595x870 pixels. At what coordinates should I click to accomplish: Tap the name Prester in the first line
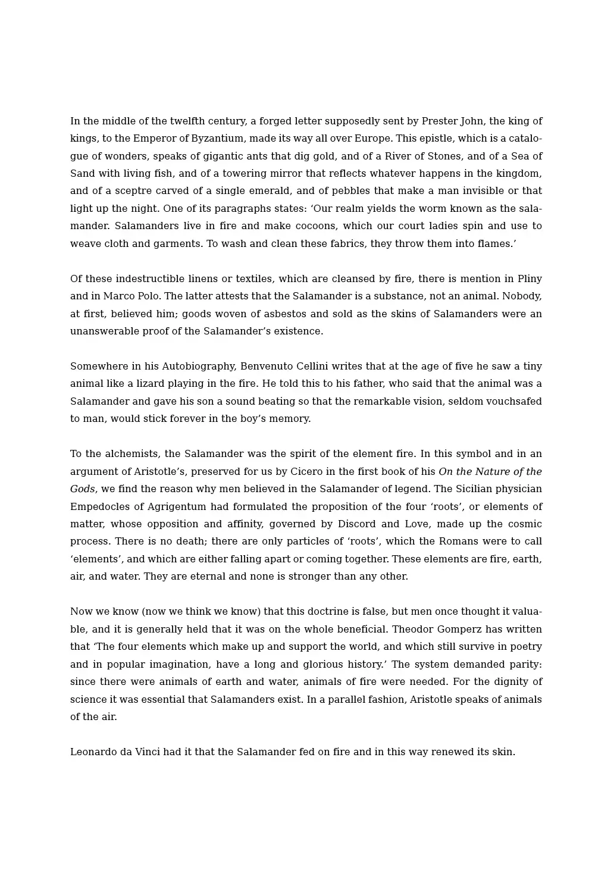tap(439, 121)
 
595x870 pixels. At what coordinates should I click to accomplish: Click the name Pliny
tap(530, 279)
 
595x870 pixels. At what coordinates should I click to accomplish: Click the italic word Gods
tap(82, 489)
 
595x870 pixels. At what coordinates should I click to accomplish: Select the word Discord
tap(356, 524)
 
